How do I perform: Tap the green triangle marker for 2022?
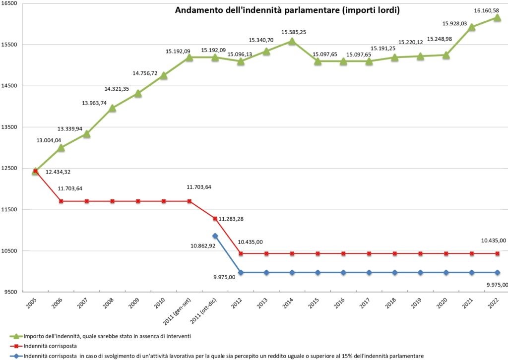point(497,18)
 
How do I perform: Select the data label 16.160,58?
point(486,9)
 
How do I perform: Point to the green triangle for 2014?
point(292,41)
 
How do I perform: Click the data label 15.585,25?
point(294,32)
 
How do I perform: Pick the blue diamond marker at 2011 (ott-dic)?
point(215,236)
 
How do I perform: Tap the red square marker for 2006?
point(61,201)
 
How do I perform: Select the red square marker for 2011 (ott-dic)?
point(215,218)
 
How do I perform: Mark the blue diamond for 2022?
point(497,272)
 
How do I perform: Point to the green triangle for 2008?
point(112,108)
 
